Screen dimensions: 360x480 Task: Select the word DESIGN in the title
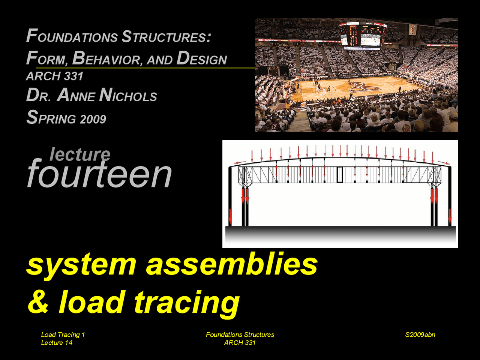coord(202,58)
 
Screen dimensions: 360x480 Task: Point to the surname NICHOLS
coord(128,96)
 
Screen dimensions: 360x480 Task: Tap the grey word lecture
coord(80,154)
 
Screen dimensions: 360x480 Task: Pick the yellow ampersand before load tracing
coord(38,302)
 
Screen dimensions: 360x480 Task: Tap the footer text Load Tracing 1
coord(63,334)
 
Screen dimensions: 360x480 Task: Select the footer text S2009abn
coord(420,334)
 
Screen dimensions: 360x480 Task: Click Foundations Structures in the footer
coord(240,334)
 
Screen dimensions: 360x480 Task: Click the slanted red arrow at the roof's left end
coord(240,163)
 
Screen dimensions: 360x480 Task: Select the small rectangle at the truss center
coord(340,174)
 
